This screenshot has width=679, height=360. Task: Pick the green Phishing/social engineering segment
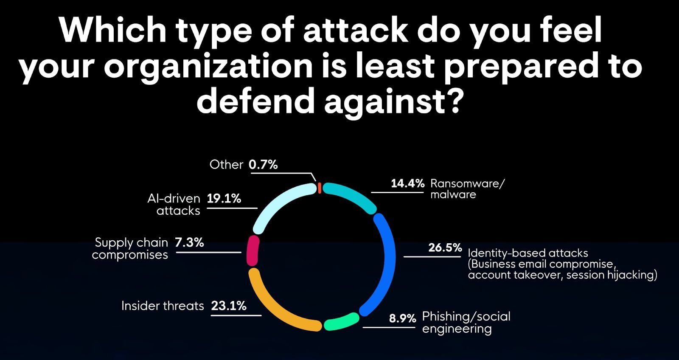pos(342,322)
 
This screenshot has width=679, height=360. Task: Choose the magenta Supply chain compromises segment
pos(253,251)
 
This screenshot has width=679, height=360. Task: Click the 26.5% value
pos(445,247)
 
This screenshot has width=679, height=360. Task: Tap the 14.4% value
pos(407,183)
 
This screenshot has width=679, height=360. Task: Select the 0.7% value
pos(263,165)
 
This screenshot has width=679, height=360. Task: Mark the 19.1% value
pos(224,199)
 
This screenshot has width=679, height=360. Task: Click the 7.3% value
pos(189,242)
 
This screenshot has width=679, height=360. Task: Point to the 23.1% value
pos(229,306)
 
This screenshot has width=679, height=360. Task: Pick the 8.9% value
pos(402,318)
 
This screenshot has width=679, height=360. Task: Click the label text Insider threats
pos(163,306)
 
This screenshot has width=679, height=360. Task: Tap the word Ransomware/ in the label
pos(467,183)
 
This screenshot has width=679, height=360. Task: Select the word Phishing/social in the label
pos(466,316)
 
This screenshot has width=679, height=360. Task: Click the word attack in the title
pos(356,31)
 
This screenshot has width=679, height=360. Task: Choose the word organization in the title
pos(208,66)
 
